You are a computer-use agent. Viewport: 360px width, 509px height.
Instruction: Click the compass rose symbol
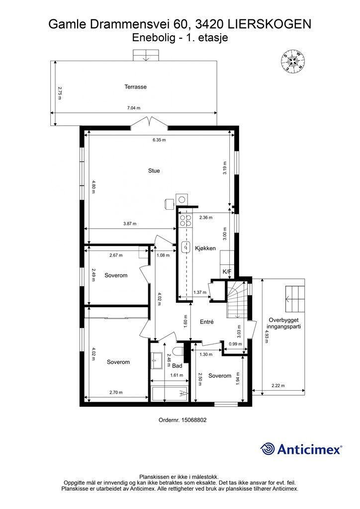[293, 61]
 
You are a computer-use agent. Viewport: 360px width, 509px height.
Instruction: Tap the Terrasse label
[135, 86]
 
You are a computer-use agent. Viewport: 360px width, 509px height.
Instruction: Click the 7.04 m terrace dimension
[134, 108]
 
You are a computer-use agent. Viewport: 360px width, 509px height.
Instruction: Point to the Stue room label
[154, 170]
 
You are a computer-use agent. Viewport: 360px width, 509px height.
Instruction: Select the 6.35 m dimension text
[159, 140]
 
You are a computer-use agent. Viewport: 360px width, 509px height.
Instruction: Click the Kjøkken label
[205, 249]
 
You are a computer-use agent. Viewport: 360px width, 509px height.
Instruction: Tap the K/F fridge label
[226, 271]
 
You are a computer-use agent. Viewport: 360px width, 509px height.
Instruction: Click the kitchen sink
[186, 246]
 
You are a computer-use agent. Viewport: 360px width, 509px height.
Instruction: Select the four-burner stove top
[186, 220]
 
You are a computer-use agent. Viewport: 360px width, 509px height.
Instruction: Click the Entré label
[206, 322]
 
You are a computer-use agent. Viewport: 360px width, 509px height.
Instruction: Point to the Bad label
[178, 366]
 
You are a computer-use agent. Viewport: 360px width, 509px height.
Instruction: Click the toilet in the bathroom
[180, 351]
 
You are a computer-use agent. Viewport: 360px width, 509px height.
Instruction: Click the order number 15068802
[182, 420]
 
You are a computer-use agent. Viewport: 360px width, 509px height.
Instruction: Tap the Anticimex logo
[301, 449]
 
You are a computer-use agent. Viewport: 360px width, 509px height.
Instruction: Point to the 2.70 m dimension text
[116, 393]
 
